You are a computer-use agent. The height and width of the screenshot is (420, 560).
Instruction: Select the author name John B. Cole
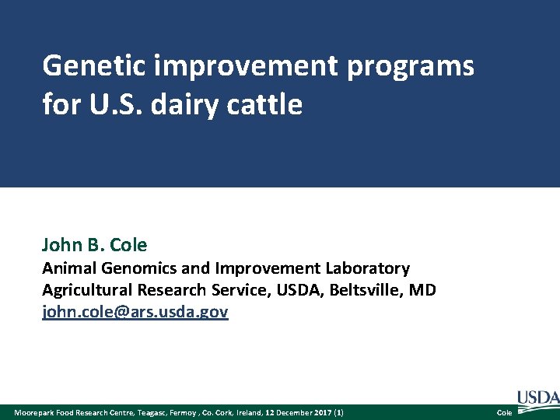94,245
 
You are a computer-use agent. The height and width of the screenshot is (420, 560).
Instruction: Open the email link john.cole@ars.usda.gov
135,312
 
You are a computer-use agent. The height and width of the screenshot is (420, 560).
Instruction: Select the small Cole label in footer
504,412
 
